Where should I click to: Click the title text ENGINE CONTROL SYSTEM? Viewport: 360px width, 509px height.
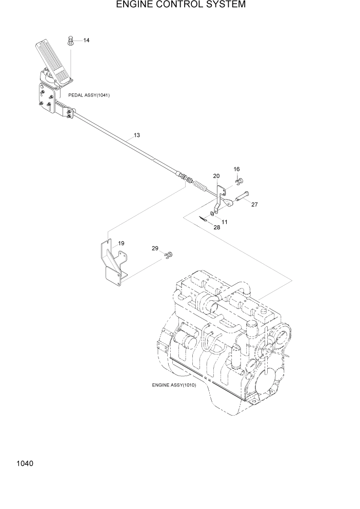[181, 5]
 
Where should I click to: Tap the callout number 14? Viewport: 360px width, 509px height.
[86, 40]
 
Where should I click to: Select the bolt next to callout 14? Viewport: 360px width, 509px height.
[71, 40]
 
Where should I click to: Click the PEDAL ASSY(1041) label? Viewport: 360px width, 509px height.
[89, 95]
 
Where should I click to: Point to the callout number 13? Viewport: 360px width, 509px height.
[137, 135]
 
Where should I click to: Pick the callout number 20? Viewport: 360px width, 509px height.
[216, 175]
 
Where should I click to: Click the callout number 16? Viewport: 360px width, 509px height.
[236, 169]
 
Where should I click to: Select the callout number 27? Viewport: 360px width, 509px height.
[254, 204]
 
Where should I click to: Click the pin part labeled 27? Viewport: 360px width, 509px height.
[242, 196]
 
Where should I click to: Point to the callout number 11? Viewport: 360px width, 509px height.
[225, 222]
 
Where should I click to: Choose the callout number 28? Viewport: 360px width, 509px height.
[217, 227]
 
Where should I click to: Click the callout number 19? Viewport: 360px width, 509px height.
[122, 243]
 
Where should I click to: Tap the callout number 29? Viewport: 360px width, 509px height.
[155, 248]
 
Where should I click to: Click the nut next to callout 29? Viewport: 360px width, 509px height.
[169, 254]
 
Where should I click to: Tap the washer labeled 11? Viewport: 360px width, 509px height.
[212, 213]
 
